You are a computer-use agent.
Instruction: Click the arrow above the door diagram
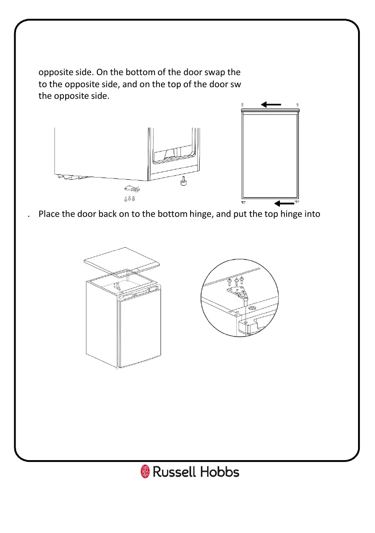coord(271,105)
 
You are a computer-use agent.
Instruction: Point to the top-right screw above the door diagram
coord(297,104)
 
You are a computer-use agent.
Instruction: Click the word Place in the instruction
coord(49,214)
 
